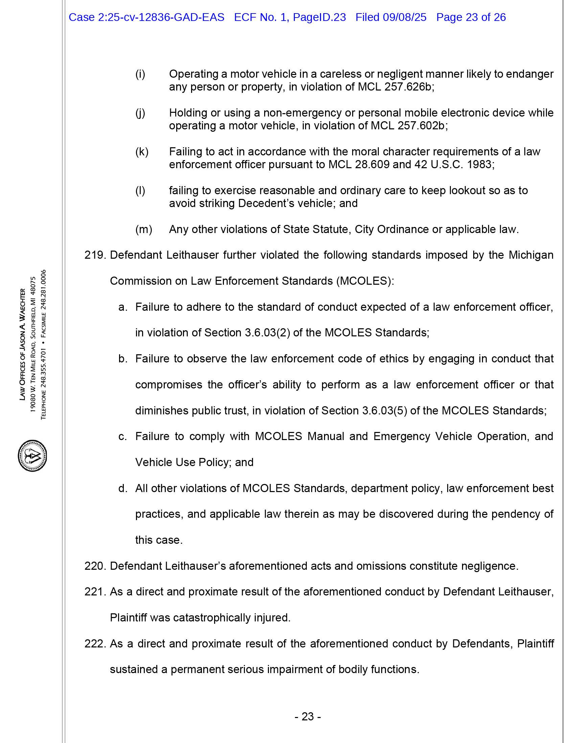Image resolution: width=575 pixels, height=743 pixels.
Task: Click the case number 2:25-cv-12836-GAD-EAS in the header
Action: pyautogui.click(x=161, y=17)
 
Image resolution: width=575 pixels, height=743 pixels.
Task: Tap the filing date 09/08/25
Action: pyautogui.click(x=404, y=17)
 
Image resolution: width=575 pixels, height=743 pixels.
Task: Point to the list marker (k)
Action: pyautogui.click(x=142, y=152)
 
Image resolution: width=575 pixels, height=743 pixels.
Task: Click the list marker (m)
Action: pyautogui.click(x=143, y=229)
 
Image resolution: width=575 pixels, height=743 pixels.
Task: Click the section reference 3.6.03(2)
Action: pyautogui.click(x=268, y=333)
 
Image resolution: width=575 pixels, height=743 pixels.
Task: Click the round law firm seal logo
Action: pyautogui.click(x=32, y=456)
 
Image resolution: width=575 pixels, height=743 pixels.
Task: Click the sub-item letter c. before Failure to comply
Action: pyautogui.click(x=123, y=436)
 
